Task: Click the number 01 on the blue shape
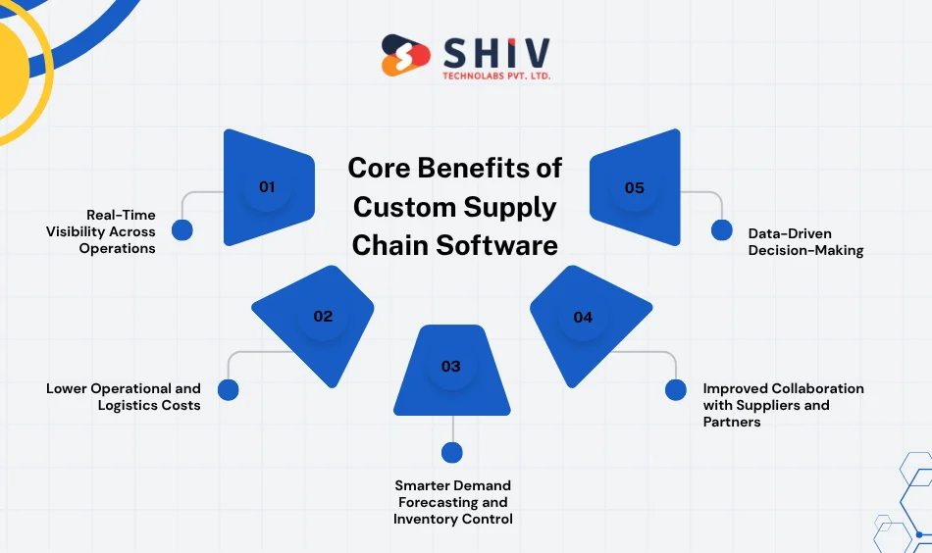(x=267, y=186)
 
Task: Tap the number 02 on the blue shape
(x=323, y=317)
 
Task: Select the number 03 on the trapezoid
(x=450, y=367)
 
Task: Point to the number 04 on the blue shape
(x=583, y=317)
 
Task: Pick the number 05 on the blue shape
(x=635, y=187)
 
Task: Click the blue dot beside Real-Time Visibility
(x=182, y=230)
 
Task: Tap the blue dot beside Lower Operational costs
(x=228, y=389)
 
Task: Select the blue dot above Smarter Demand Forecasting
(x=451, y=452)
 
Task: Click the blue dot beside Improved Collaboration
(x=675, y=389)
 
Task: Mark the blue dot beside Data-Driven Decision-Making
(x=721, y=230)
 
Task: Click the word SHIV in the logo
(x=495, y=51)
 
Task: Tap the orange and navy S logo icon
(x=405, y=56)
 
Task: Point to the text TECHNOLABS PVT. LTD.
(x=495, y=75)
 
